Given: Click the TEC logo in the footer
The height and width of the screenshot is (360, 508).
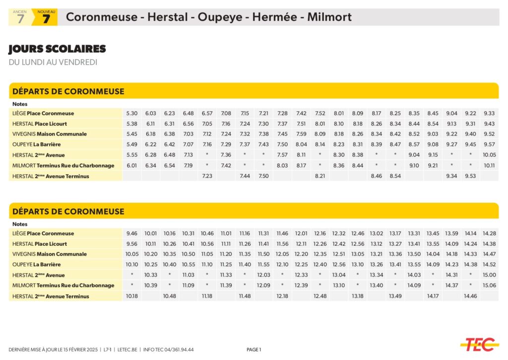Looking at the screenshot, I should pyautogui.click(x=479, y=344).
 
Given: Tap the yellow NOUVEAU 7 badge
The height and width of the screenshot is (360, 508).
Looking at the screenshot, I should pyautogui.click(x=45, y=17).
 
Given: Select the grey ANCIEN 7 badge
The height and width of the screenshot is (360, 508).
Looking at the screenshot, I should pyautogui.click(x=20, y=17).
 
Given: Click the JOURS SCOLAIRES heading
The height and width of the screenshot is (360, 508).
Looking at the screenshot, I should pyautogui.click(x=57, y=49).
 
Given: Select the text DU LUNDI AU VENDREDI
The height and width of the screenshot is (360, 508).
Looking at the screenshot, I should pyautogui.click(x=53, y=62).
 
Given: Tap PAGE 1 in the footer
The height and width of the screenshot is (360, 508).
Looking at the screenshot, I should pyautogui.click(x=254, y=350).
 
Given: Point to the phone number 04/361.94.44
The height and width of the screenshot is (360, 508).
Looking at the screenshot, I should pyautogui.click(x=179, y=350).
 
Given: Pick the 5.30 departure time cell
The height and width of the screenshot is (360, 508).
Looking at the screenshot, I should pyautogui.click(x=131, y=113).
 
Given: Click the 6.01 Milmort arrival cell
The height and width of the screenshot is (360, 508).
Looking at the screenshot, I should pyautogui.click(x=131, y=165).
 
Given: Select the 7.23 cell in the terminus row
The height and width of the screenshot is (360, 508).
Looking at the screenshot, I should pyautogui.click(x=207, y=176).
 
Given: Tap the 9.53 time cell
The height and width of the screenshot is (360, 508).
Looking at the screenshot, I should pyautogui.click(x=470, y=176).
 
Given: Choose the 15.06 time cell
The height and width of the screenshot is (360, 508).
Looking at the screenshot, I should pyautogui.click(x=489, y=286).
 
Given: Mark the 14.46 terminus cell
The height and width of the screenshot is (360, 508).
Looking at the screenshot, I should pyautogui.click(x=470, y=296).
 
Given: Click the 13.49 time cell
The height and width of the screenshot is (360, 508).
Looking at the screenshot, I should pyautogui.click(x=395, y=296).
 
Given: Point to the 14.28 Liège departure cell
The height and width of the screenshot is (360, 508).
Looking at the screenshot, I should pyautogui.click(x=489, y=233).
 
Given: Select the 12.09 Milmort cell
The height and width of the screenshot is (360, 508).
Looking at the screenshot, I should pyautogui.click(x=263, y=286).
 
